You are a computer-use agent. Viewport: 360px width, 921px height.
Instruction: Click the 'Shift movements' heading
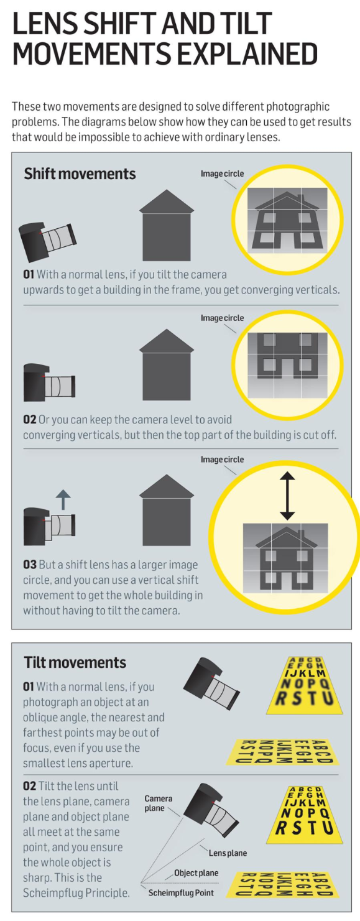[x=80, y=174]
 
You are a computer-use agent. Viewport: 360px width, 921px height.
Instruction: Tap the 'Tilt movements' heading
[x=75, y=662]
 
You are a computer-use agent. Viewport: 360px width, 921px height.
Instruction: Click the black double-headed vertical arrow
[x=287, y=496]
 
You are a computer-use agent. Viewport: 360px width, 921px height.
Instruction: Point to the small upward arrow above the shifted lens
[x=63, y=499]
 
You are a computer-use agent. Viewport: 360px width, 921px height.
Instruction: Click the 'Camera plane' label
[x=158, y=803]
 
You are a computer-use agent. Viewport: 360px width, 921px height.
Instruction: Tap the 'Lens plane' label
[x=228, y=853]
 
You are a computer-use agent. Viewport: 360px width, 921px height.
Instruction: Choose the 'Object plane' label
[x=196, y=872]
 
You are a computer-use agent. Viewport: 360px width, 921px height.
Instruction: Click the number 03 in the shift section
[x=30, y=565]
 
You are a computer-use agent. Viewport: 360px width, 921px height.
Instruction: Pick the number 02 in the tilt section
[x=30, y=786]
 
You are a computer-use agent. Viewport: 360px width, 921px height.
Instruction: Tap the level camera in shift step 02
[x=49, y=382]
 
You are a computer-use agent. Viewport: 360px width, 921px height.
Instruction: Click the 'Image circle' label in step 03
[x=222, y=460]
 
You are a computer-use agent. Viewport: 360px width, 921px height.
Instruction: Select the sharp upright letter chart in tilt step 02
[x=305, y=815]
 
